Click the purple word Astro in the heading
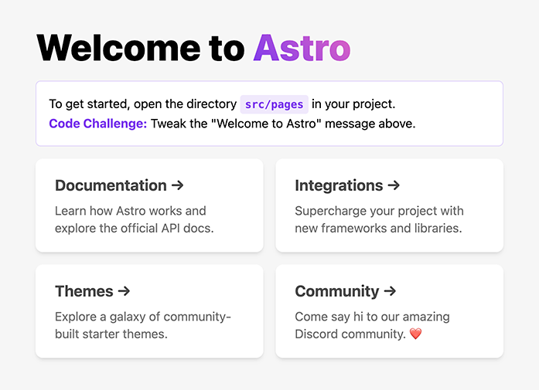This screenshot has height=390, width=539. (x=302, y=48)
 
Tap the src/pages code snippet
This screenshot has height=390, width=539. (x=274, y=104)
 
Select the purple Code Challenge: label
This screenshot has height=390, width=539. (x=97, y=124)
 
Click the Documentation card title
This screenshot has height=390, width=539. (x=111, y=185)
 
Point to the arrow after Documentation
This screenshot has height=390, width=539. (x=177, y=185)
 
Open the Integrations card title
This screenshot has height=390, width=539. (x=339, y=185)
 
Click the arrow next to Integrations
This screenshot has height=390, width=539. (x=394, y=185)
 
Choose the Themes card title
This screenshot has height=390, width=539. (x=84, y=291)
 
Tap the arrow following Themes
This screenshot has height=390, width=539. (x=123, y=291)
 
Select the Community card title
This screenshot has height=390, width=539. (x=336, y=291)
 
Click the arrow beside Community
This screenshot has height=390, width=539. (x=390, y=291)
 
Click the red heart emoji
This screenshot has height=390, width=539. (x=415, y=335)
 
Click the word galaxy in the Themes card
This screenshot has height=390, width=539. (x=130, y=317)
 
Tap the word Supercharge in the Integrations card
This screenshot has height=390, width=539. (x=330, y=211)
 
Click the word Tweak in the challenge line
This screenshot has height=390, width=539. (x=169, y=124)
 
